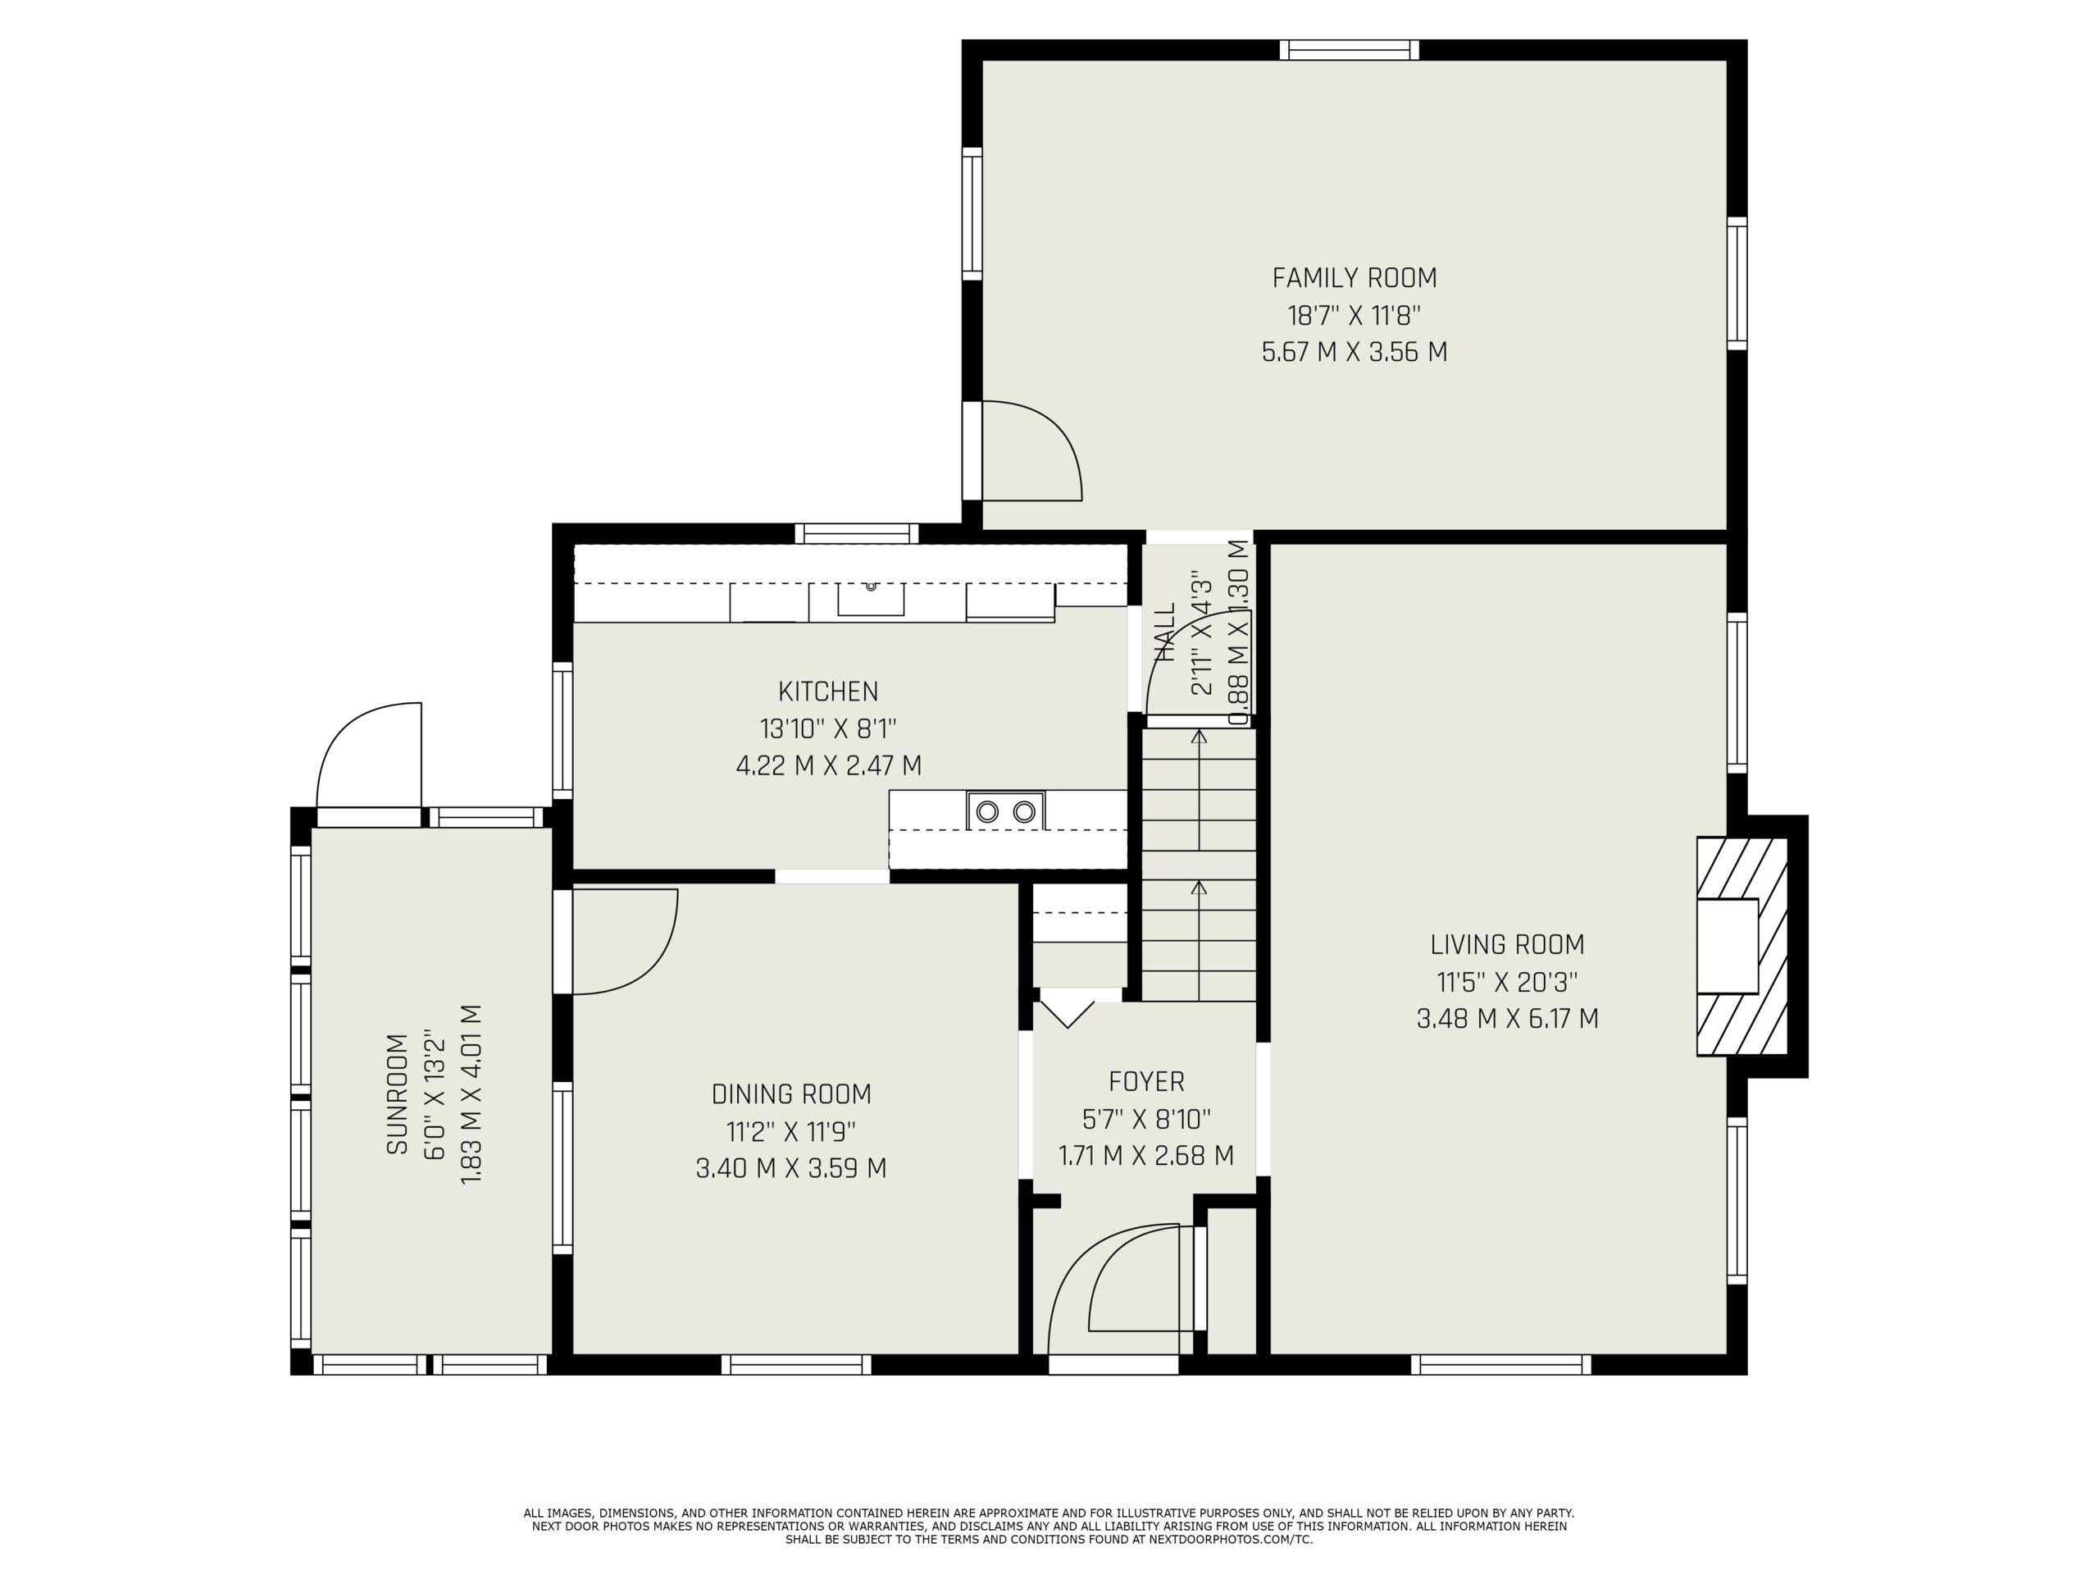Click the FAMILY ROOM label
tap(1355, 278)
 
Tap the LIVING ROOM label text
tap(1507, 945)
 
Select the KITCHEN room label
tap(828, 692)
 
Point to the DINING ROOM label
tap(791, 1093)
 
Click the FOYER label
tap(1146, 1081)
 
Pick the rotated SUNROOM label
tap(397, 1093)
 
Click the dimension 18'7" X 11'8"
tap(1355, 315)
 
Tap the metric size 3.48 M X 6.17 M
tap(1507, 1019)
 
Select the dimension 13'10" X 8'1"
tap(828, 728)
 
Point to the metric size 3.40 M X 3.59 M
tap(791, 1168)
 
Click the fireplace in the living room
tap(1742, 946)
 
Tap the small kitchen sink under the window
tap(870, 598)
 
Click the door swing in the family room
tap(1031, 450)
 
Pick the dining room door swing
tap(626, 942)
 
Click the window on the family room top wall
tap(1349, 49)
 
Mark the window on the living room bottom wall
tap(1500, 1364)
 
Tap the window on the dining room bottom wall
tap(796, 1364)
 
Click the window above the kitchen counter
tap(857, 532)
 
